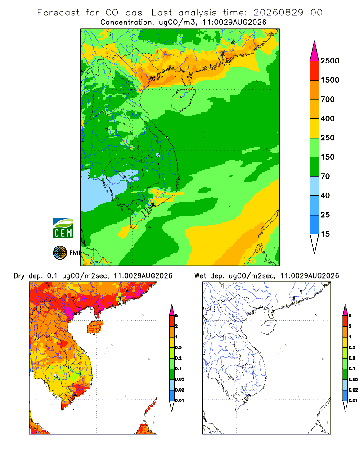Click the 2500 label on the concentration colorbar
330,61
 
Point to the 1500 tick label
330,80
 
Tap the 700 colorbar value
328,99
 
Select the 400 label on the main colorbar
328,118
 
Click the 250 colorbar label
328,138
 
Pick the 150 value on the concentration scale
328,157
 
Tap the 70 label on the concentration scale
325,176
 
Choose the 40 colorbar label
325,195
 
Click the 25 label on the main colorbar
325,215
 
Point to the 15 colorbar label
325,234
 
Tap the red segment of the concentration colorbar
315,71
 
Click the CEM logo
63,229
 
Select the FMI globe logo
60,253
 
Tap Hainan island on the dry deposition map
95,327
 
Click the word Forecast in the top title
58,13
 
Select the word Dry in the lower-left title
19,276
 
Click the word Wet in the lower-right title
200,276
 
